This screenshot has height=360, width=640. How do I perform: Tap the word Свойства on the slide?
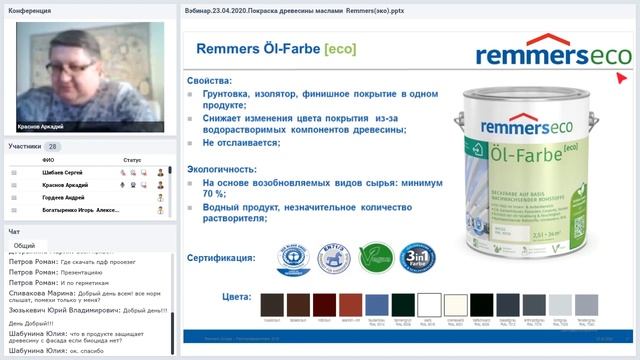coord(209,80)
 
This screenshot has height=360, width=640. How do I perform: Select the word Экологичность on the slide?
coord(226,170)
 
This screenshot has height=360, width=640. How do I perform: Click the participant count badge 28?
coord(53,146)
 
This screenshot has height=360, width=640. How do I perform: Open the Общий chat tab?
coord(24,245)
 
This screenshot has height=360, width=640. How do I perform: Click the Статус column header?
coord(133,160)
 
